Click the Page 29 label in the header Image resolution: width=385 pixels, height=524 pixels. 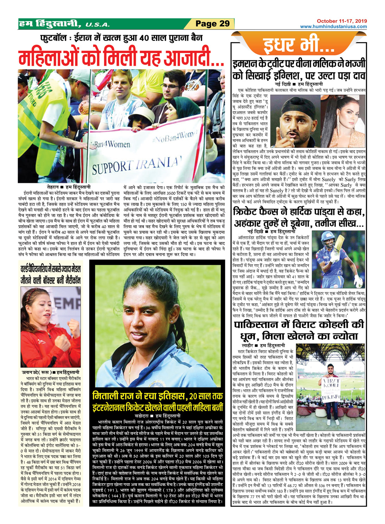tap(212, 24)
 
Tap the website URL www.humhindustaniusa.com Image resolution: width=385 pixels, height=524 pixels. tap(333, 26)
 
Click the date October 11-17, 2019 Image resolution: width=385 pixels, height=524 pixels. tap(341, 21)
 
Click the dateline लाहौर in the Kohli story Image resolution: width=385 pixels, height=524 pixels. tap(248, 346)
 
